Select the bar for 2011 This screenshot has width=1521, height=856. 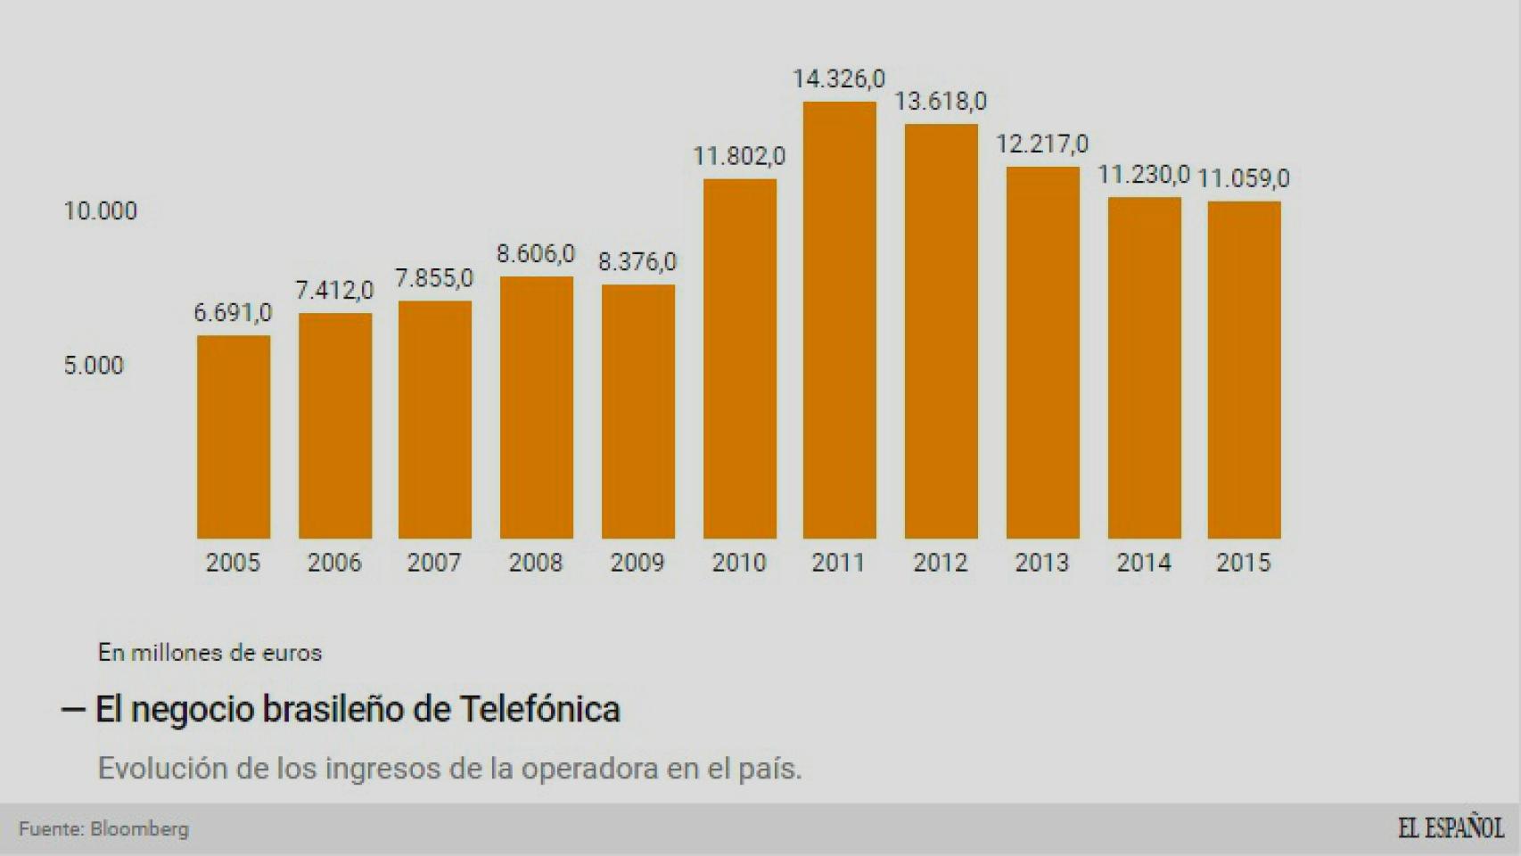839,321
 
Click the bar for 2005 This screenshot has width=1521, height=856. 233,437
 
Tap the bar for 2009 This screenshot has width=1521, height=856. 637,412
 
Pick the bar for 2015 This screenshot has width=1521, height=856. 1244,370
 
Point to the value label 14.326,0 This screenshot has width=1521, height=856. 839,79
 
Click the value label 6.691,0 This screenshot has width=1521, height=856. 233,313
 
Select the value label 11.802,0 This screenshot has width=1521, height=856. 739,157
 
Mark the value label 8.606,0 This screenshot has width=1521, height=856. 536,254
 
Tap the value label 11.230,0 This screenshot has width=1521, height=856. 1143,175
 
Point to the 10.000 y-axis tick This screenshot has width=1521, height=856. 100,211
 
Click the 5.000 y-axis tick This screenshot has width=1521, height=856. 93,366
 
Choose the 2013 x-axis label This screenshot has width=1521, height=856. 1041,563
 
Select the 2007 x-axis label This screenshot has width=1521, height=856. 434,563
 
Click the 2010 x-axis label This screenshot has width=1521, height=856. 739,563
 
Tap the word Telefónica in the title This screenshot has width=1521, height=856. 539,710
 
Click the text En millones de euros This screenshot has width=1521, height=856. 210,653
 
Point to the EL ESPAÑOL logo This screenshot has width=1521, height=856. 1450,828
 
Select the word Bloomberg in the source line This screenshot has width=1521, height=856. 140,829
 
